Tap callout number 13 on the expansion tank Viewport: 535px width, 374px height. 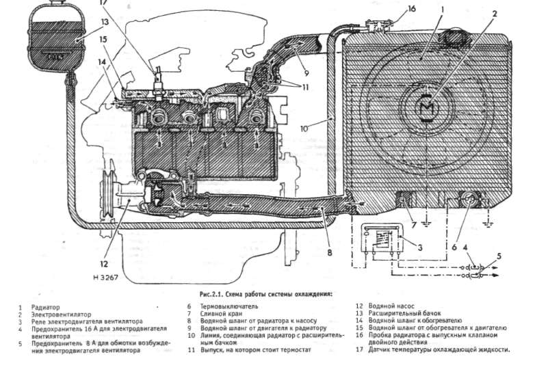click(105, 22)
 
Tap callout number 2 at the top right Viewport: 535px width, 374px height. click(495, 12)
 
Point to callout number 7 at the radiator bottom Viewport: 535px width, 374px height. click(414, 225)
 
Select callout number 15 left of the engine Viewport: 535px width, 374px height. click(103, 39)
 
